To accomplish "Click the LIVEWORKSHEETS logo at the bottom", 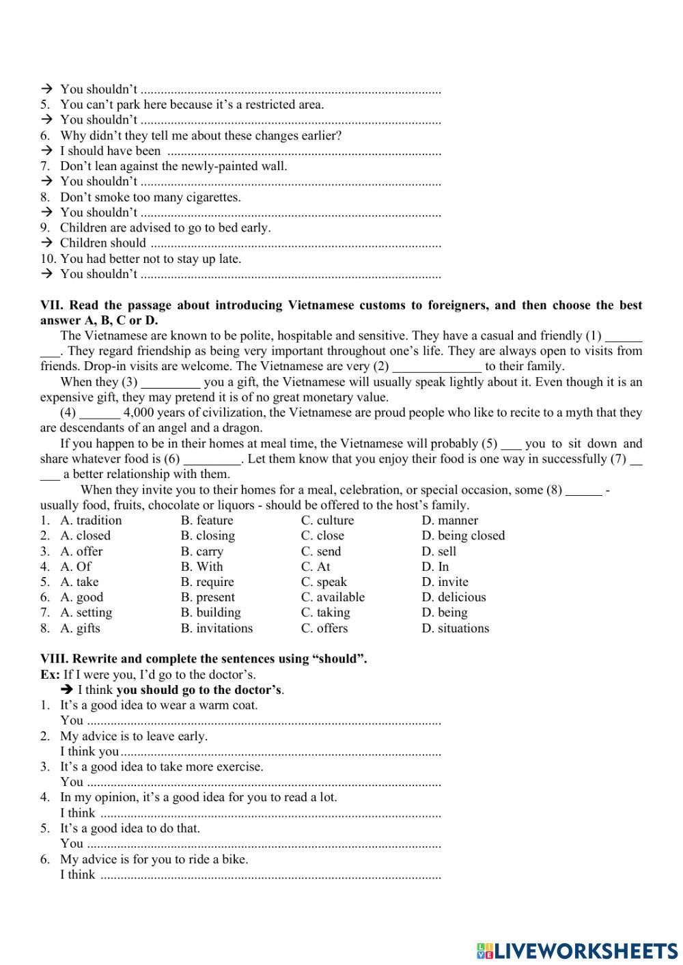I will (x=577, y=950).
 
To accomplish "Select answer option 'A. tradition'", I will (x=91, y=520).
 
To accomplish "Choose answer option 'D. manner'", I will (x=449, y=520).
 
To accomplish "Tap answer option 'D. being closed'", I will (x=463, y=535).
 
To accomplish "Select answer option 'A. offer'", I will (x=81, y=551).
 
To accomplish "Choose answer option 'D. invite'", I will (x=445, y=582).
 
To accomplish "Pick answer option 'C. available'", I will (x=333, y=597).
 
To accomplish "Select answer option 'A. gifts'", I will (x=80, y=628).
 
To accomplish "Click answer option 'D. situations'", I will (x=455, y=628).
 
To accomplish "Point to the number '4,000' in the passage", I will (x=140, y=412).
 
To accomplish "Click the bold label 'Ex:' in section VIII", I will (x=50, y=675).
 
